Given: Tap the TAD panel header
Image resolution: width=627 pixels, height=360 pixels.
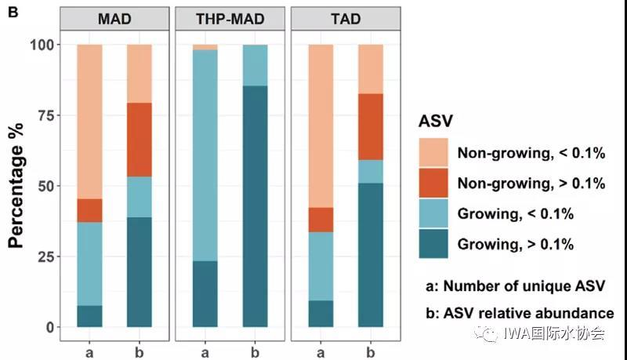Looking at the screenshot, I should click(x=346, y=18).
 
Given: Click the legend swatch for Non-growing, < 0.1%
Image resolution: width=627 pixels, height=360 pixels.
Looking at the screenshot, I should click(x=433, y=153).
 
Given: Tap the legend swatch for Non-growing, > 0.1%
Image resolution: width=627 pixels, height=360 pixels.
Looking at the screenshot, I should click(x=433, y=183).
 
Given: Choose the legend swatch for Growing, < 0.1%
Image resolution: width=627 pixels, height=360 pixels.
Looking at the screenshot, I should click(x=433, y=213).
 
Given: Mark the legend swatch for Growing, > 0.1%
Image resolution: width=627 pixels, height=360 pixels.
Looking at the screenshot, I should click(x=433, y=243).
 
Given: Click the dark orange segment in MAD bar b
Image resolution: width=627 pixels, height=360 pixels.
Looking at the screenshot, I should click(x=140, y=140).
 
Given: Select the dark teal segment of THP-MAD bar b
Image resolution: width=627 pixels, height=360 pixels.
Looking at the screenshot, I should click(x=256, y=206).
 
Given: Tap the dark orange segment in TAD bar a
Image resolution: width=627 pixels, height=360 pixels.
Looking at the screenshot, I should click(x=321, y=220).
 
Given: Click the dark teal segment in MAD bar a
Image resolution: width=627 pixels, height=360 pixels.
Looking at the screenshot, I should click(x=89, y=316).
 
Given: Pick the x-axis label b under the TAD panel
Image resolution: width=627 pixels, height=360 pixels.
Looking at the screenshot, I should click(x=371, y=354).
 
